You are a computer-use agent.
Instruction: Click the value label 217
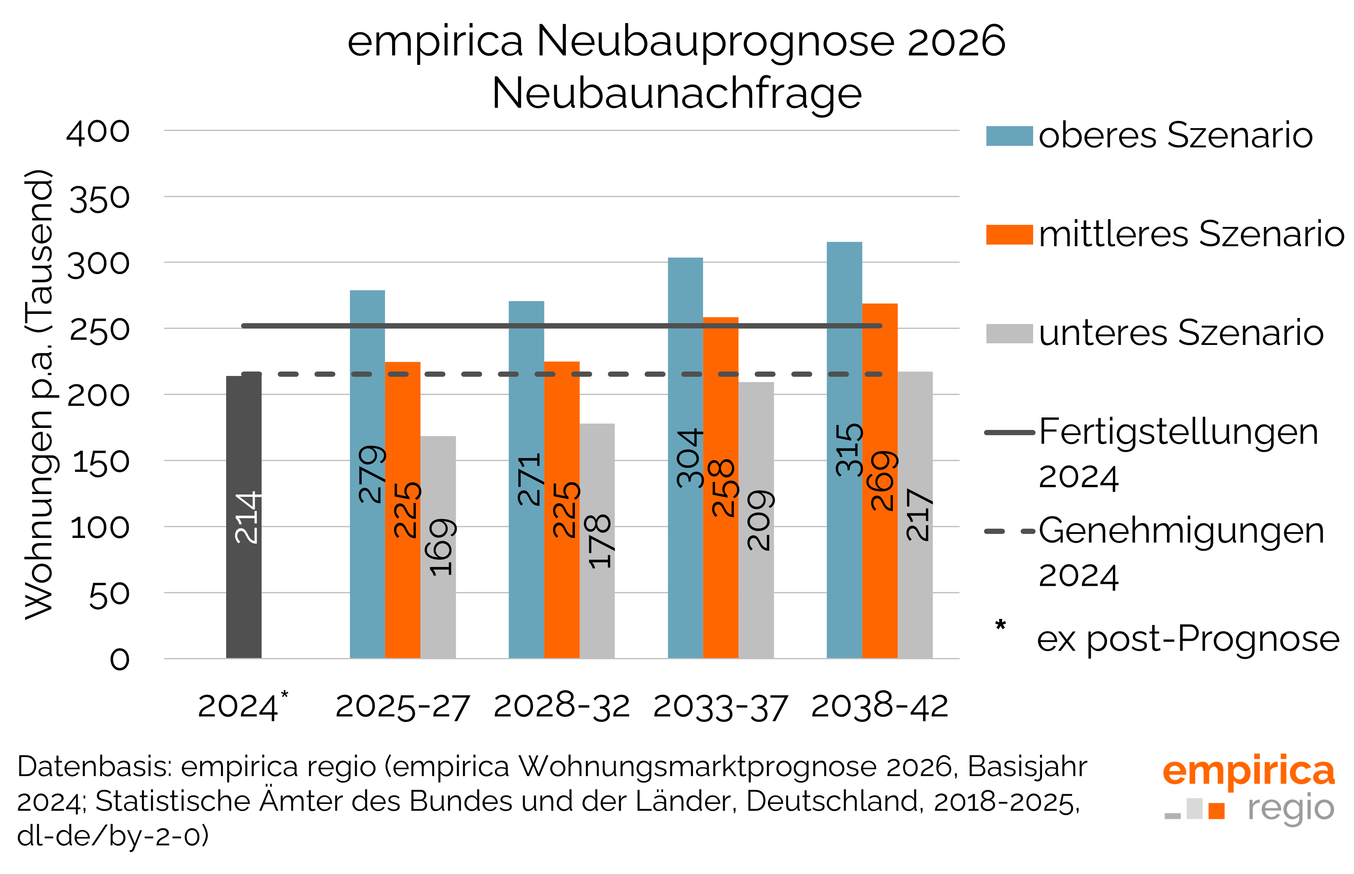pos(917,514)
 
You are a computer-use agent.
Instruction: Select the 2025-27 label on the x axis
pos(403,707)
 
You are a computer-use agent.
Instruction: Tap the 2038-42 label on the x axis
pos(880,707)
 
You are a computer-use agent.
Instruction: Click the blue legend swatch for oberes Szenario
pos(1009,136)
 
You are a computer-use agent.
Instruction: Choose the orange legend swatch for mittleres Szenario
pos(1009,235)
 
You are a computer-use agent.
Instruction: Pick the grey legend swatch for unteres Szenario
pos(1009,333)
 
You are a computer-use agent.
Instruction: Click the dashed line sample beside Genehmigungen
pos(1009,531)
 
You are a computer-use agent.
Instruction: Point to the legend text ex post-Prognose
pos(1188,639)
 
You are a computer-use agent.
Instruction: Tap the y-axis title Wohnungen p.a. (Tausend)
pos(39,394)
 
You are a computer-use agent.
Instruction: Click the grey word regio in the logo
pos(1290,809)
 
